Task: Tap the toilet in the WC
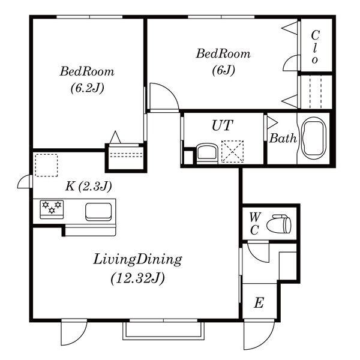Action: pyautogui.click(x=279, y=224)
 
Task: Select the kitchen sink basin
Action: pyautogui.click(x=98, y=211)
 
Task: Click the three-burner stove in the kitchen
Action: pyautogui.click(x=52, y=209)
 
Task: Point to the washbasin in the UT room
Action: pyautogui.click(x=207, y=152)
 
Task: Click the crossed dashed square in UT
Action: pyautogui.click(x=233, y=151)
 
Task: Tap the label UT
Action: pyautogui.click(x=222, y=125)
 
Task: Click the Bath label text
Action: pyautogui.click(x=283, y=138)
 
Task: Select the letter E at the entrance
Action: pyautogui.click(x=259, y=302)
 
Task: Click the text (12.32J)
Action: pyautogui.click(x=138, y=278)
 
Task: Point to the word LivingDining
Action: pyautogui.click(x=137, y=260)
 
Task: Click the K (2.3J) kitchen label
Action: pyautogui.click(x=89, y=186)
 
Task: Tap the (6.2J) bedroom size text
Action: pyautogui.click(x=87, y=88)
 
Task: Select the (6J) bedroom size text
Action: pyautogui.click(x=223, y=70)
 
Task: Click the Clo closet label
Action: pyautogui.click(x=315, y=47)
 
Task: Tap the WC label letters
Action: pyautogui.click(x=255, y=224)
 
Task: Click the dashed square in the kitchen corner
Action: pyautogui.click(x=46, y=166)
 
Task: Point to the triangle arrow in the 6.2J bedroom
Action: pyautogui.click(x=115, y=137)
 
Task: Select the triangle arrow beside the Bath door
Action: pyautogui.click(x=272, y=123)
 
